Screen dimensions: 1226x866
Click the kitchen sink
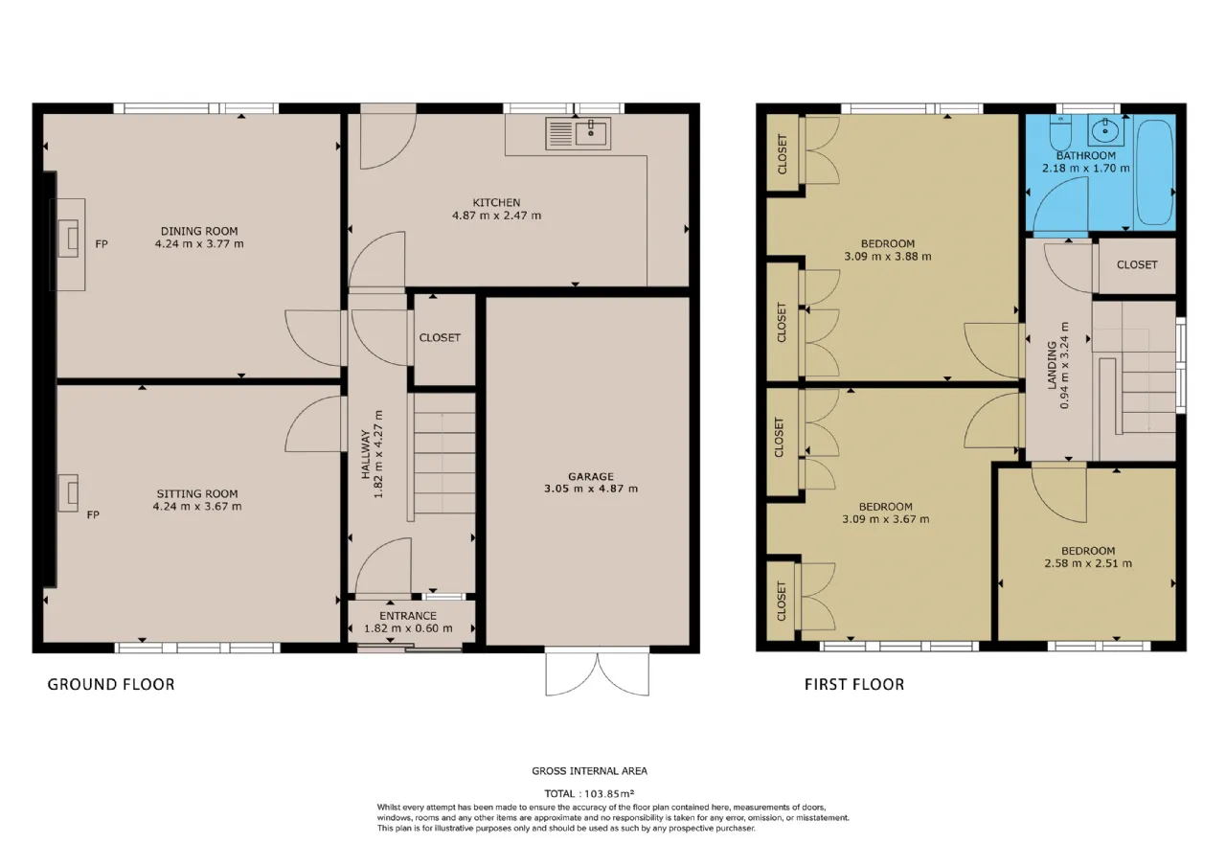(x=578, y=133)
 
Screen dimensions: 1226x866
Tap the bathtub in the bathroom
(x=1155, y=171)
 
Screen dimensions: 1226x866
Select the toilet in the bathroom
(x=1060, y=133)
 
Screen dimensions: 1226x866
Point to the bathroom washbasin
(x=1105, y=130)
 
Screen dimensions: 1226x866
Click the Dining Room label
(x=199, y=231)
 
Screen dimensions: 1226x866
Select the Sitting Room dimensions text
(x=197, y=507)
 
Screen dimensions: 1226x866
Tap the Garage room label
(x=591, y=476)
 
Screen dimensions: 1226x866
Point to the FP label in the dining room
(x=102, y=244)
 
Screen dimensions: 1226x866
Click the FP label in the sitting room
(x=93, y=514)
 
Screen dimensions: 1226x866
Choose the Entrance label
(x=408, y=616)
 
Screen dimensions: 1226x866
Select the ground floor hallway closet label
(x=440, y=338)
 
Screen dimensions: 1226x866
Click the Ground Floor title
(x=111, y=684)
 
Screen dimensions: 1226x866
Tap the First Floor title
(x=854, y=684)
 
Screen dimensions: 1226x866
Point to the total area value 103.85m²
(x=609, y=793)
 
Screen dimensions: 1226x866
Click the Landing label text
(x=1052, y=365)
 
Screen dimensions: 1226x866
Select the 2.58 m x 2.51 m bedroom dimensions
(x=1088, y=563)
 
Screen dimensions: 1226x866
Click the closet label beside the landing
(x=1137, y=265)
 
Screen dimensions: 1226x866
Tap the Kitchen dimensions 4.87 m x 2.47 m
(x=496, y=216)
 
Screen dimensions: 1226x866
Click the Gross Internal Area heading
(x=589, y=771)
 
